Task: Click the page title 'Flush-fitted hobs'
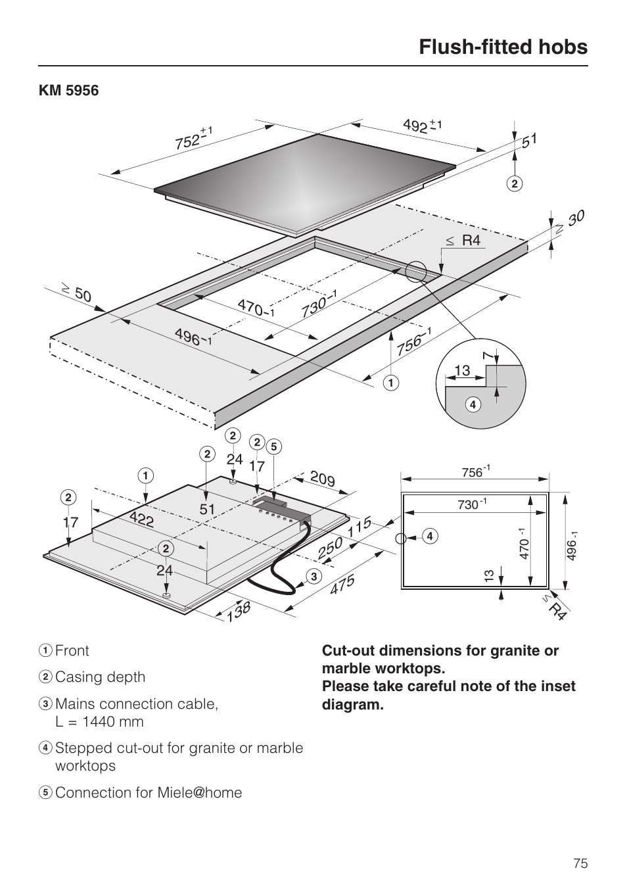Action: [503, 47]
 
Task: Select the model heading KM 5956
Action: [68, 91]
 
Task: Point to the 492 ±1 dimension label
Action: [421, 125]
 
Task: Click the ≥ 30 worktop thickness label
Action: [569, 223]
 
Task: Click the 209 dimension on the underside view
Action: [322, 479]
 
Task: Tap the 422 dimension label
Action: [141, 519]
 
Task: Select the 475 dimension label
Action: [342, 585]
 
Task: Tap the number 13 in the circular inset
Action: [462, 371]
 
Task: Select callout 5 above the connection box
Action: [274, 447]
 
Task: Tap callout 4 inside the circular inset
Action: [472, 404]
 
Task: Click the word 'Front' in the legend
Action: [72, 650]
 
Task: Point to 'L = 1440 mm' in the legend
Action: [99, 721]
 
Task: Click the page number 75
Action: [580, 863]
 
